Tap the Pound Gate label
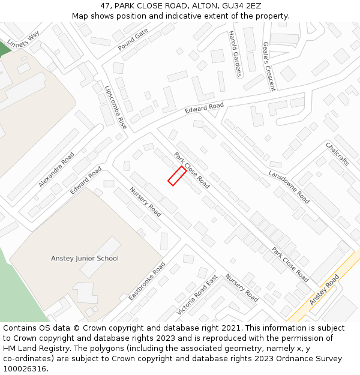pyautogui.click(x=133, y=40)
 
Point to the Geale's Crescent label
pyautogui.click(x=269, y=66)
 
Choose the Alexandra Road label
pyautogui.click(x=56, y=169)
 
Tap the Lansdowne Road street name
pyautogui.click(x=289, y=186)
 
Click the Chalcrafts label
pyautogui.click(x=337, y=154)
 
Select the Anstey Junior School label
pyautogui.click(x=85, y=259)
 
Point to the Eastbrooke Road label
pyautogui.click(x=147, y=281)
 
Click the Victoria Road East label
pyautogui.click(x=197, y=296)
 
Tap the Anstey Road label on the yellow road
pyautogui.click(x=324, y=290)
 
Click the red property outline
pyautogui.click(x=176, y=176)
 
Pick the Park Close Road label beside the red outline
pyautogui.click(x=192, y=170)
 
